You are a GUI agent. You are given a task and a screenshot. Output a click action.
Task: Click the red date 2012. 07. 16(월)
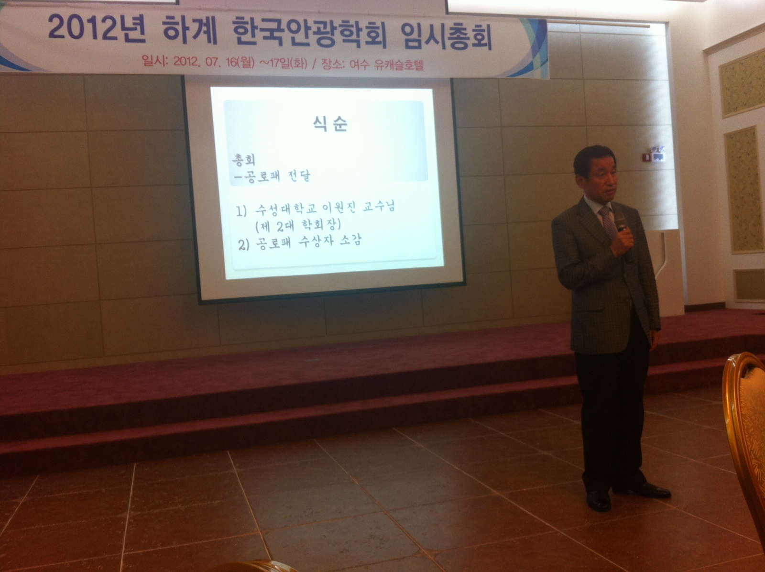click(x=214, y=62)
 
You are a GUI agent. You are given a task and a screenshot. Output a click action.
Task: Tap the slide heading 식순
click(x=330, y=124)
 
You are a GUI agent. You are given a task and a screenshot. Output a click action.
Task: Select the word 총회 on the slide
click(x=244, y=159)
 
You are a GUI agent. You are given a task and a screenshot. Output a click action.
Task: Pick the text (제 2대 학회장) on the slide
click(x=298, y=226)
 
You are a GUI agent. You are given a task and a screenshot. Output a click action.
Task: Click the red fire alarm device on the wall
click(x=647, y=157)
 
